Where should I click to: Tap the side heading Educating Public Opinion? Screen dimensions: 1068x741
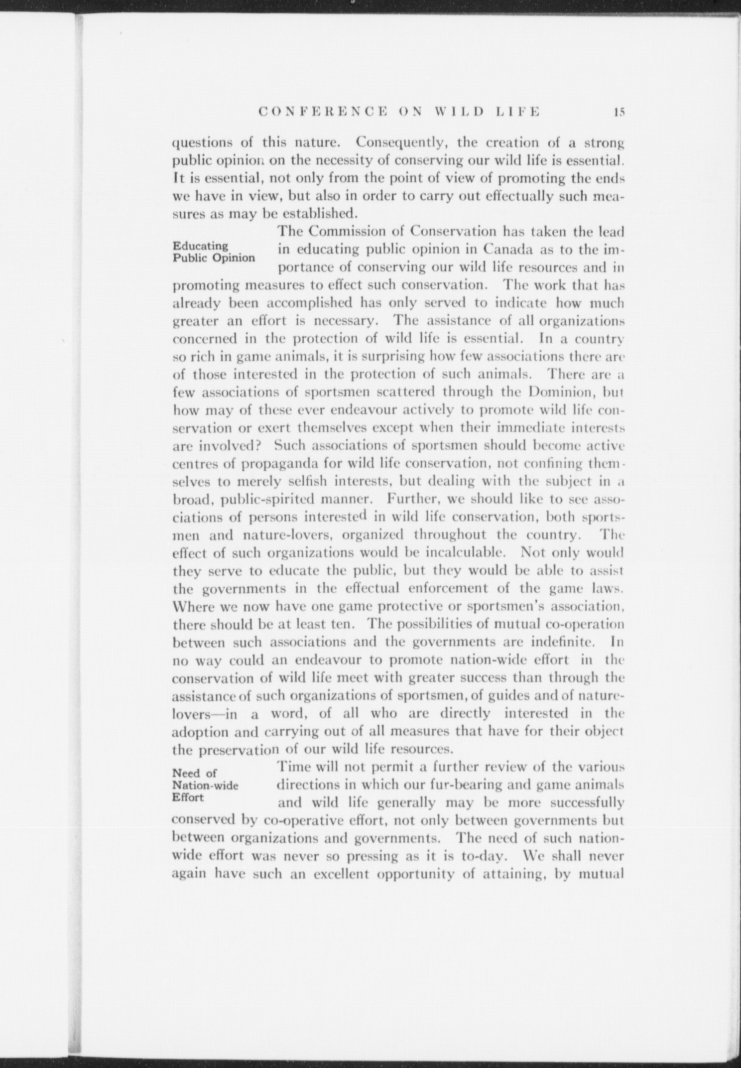coord(213,252)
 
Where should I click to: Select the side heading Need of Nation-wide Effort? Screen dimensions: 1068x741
coord(205,785)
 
